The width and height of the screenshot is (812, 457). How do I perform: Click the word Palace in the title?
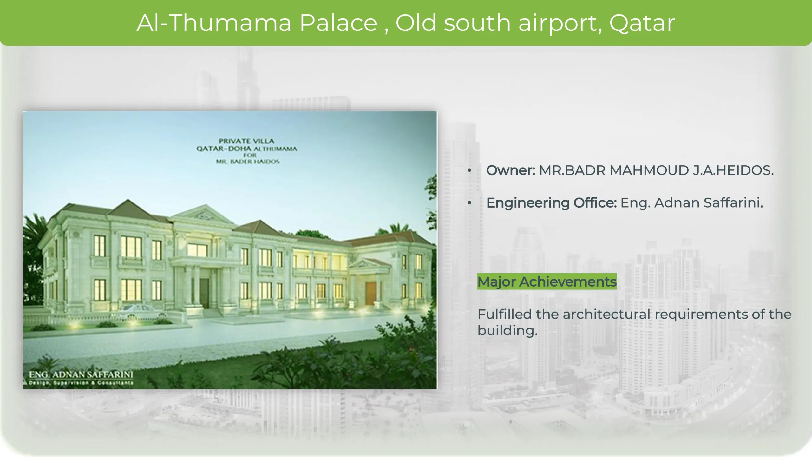tap(338, 23)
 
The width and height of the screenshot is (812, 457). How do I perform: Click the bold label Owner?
tap(511, 170)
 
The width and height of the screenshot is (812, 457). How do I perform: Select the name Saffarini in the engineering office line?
tap(733, 203)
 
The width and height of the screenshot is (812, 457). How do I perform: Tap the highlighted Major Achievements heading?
tap(547, 281)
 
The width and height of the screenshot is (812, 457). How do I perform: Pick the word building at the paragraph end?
tap(507, 331)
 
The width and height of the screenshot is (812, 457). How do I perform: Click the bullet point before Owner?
tap(469, 170)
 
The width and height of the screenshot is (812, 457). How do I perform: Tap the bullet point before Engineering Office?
tap(469, 203)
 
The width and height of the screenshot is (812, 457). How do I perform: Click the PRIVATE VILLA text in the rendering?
tap(246, 141)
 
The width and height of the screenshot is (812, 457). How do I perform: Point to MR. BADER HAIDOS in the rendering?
tap(248, 162)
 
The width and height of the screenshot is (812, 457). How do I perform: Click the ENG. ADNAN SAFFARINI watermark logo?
tap(81, 378)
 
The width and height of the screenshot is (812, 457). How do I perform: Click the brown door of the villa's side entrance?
tap(370, 294)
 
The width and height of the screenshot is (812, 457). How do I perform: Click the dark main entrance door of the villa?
tap(204, 293)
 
